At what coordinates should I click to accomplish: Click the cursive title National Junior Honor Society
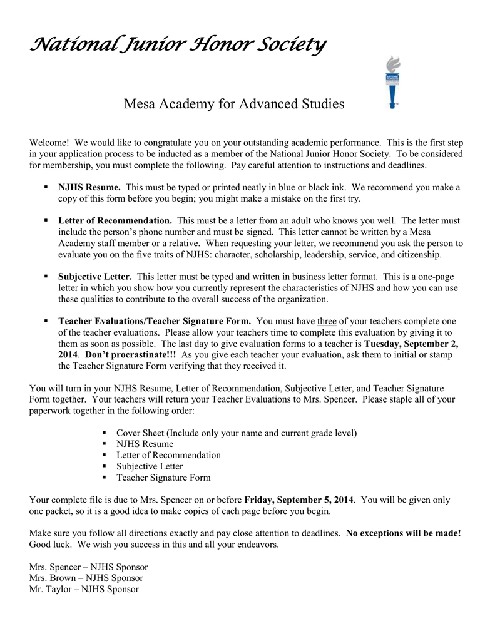click(177, 44)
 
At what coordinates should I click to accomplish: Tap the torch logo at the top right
click(392, 81)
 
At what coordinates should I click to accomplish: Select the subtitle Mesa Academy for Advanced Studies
click(234, 103)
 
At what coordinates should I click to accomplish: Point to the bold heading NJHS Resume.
click(89, 187)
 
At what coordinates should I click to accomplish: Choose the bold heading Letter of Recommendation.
click(115, 221)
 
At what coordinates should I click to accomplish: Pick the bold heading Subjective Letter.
click(95, 277)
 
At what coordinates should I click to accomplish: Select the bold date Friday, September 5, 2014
click(299, 500)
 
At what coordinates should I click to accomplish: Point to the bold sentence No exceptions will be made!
click(403, 533)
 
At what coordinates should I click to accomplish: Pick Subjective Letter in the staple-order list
click(150, 466)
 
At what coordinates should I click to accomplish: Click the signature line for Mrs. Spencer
click(89, 567)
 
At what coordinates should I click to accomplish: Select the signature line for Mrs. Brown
click(86, 578)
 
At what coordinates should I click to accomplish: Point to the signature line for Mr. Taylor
click(84, 589)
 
